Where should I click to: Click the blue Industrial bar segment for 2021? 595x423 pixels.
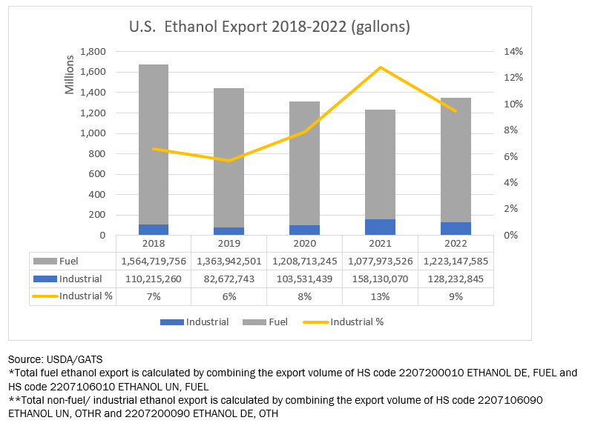pyautogui.click(x=380, y=227)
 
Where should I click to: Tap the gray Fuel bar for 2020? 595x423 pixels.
pyautogui.click(x=304, y=163)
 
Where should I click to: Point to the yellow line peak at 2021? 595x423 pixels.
pyautogui.click(x=380, y=67)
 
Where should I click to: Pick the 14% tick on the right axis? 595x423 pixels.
pyautogui.click(x=513, y=52)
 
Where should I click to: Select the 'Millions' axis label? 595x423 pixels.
pyautogui.click(x=70, y=74)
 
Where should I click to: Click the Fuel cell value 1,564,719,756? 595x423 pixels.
pyautogui.click(x=154, y=261)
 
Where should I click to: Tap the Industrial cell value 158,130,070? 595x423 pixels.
pyautogui.click(x=380, y=279)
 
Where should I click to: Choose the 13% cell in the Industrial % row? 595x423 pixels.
pyautogui.click(x=380, y=296)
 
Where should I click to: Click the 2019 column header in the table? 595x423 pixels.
pyautogui.click(x=229, y=244)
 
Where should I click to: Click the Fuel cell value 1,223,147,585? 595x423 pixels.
pyautogui.click(x=456, y=261)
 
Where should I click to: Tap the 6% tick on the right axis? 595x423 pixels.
pyautogui.click(x=513, y=157)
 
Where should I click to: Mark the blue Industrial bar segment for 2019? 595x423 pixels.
pyautogui.click(x=229, y=231)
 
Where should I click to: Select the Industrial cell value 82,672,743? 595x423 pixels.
pyautogui.click(x=229, y=279)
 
